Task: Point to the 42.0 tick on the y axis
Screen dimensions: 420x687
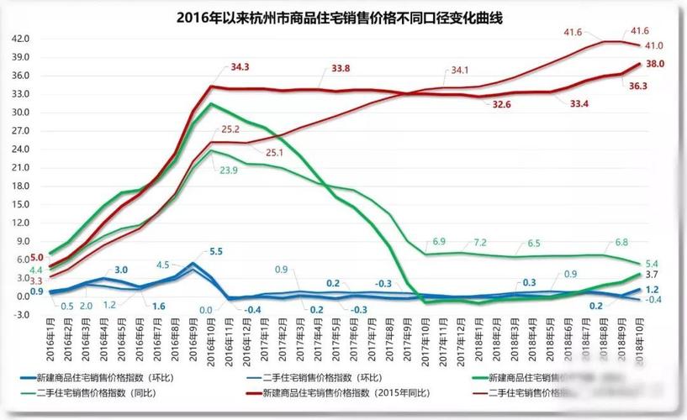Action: (x=21, y=39)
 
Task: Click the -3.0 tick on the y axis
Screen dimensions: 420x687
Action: (x=21, y=314)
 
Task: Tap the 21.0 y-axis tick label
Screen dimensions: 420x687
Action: (x=21, y=167)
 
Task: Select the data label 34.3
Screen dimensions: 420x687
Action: (x=240, y=66)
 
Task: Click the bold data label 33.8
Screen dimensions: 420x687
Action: (x=341, y=69)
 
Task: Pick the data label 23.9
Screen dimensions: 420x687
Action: (x=230, y=170)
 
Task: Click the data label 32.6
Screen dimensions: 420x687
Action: (x=502, y=104)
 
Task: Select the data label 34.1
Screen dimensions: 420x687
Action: (x=460, y=71)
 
